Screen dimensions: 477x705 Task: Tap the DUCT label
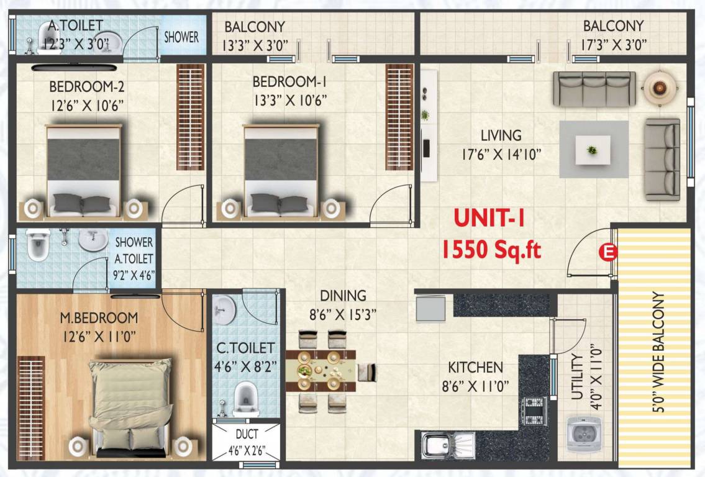(247, 435)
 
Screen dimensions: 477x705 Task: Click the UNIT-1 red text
(490, 219)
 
